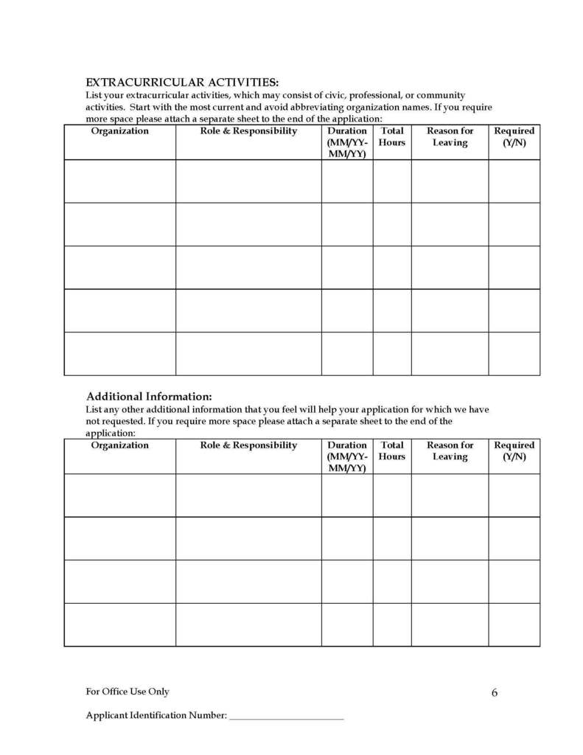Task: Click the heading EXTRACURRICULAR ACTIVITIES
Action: tap(182, 82)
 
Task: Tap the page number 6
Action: tap(494, 692)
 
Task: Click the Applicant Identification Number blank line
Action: tap(287, 716)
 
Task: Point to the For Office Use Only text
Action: tap(128, 692)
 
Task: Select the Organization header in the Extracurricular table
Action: tap(119, 131)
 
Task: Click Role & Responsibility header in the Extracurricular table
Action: tap(248, 131)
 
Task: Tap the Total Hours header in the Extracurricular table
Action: tap(392, 136)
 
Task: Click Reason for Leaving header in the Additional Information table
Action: tap(450, 450)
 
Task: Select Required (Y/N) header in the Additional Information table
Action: tap(514, 450)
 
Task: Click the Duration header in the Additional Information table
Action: tap(346, 456)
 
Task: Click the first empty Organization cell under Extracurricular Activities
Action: tap(119, 181)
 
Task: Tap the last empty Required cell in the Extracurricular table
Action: tap(514, 354)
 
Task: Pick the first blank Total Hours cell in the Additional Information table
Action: tap(392, 495)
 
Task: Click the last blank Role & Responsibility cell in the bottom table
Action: tap(248, 624)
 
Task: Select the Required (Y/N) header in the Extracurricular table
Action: tap(514, 136)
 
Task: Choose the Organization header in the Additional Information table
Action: tap(119, 445)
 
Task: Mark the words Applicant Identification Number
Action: tap(156, 716)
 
